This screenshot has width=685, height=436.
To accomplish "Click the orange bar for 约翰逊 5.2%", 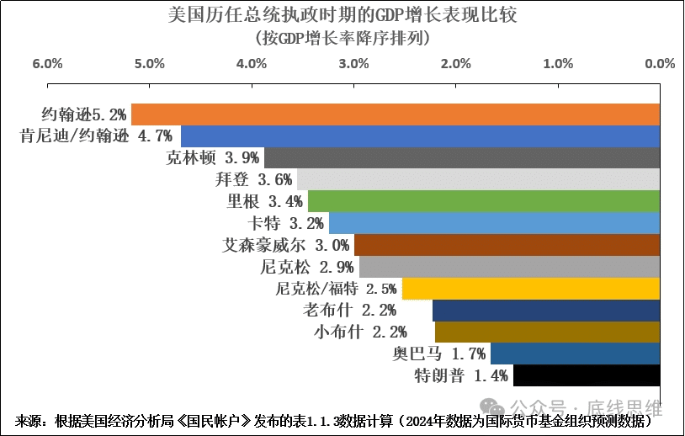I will coord(396,114).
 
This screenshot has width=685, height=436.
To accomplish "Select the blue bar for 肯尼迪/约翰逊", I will coord(420,136).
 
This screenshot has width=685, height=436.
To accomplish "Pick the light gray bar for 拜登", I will coord(478,179).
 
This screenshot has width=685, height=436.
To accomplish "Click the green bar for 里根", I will coord(483,201).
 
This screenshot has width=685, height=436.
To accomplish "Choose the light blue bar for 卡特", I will coord(494,223).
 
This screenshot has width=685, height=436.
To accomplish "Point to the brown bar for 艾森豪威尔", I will coord(507,245).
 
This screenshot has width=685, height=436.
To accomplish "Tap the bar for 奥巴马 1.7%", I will coord(575,354).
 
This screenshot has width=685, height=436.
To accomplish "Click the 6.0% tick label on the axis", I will coord(47,64).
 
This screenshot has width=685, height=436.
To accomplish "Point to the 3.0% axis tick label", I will coord(353,64).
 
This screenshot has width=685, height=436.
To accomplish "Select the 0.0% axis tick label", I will coord(659,64).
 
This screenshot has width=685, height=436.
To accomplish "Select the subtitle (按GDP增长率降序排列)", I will coord(342,38).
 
